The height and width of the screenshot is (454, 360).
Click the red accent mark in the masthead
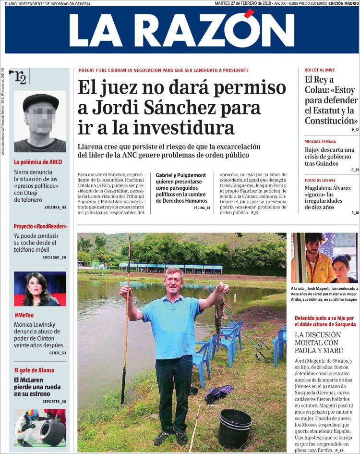[x=250, y=13]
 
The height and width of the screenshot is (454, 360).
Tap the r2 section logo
[x=20, y=77]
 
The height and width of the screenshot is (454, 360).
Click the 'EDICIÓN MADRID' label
[x=343, y=3]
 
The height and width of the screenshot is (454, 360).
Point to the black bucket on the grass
[x=235, y=428]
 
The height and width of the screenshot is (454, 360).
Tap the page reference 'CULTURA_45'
[x=55, y=207]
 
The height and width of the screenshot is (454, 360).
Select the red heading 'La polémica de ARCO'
[x=38, y=162]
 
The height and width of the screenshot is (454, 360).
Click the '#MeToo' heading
[x=24, y=314]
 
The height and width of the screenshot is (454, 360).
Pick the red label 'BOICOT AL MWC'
[x=320, y=70]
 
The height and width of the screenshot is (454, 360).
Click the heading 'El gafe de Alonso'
[x=34, y=370]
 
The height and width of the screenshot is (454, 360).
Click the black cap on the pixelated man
[x=40, y=100]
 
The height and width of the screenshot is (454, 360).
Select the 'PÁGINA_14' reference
[x=202, y=208]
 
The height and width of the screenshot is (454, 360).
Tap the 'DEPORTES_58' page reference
[x=54, y=401]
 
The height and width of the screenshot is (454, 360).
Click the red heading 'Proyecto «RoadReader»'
[x=40, y=226]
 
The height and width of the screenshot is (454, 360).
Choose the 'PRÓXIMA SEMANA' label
[x=320, y=142]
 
